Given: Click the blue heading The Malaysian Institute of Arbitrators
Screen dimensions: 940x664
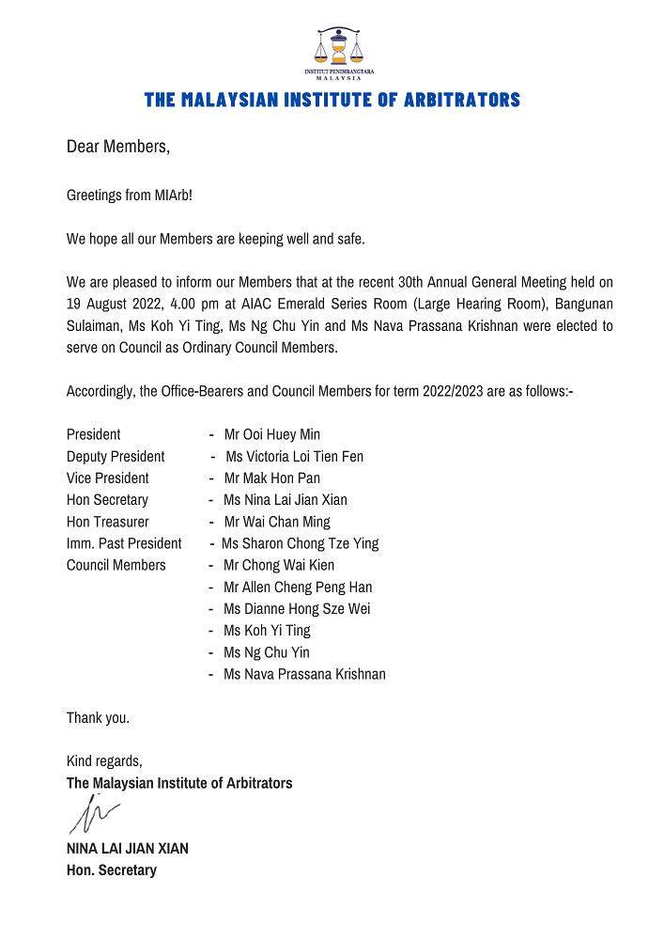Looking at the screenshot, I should pyautogui.click(x=332, y=100).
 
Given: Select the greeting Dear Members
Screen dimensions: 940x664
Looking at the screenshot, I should pyautogui.click(x=118, y=147).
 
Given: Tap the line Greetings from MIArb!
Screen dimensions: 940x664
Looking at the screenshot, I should pyautogui.click(x=129, y=195).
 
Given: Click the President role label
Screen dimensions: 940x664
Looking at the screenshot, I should pyautogui.click(x=94, y=434).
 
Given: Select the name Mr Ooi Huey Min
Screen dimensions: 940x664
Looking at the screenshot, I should pyautogui.click(x=272, y=434).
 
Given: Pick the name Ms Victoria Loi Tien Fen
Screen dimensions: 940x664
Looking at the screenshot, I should pyautogui.click(x=295, y=456).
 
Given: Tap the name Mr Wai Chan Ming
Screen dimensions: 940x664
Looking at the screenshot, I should pyautogui.click(x=277, y=522).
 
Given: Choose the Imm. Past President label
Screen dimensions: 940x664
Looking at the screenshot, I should pyautogui.click(x=124, y=543).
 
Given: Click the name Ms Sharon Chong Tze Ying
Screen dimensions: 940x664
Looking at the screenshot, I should pyautogui.click(x=301, y=543).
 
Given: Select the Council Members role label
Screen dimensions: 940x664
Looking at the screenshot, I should pyautogui.click(x=116, y=565).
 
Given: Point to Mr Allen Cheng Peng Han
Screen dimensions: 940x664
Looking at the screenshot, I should pyautogui.click(x=298, y=587).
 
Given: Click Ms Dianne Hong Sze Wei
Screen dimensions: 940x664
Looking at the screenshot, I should pyautogui.click(x=297, y=609).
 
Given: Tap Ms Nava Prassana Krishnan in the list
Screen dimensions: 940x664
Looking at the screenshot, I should pyautogui.click(x=304, y=674).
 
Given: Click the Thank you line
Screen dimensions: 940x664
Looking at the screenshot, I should pyautogui.click(x=98, y=718).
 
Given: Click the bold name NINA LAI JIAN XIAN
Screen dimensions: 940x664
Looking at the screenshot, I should pyautogui.click(x=128, y=849).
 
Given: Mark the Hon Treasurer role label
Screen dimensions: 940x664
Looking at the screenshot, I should pyautogui.click(x=108, y=522).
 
